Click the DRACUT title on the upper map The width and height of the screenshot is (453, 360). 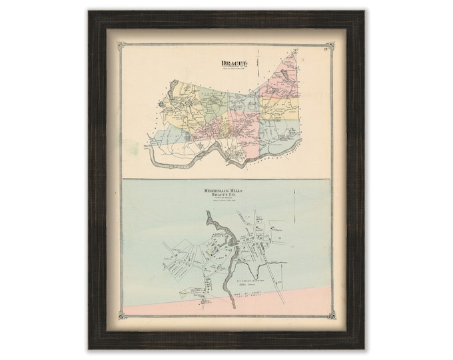pyautogui.click(x=231, y=64)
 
